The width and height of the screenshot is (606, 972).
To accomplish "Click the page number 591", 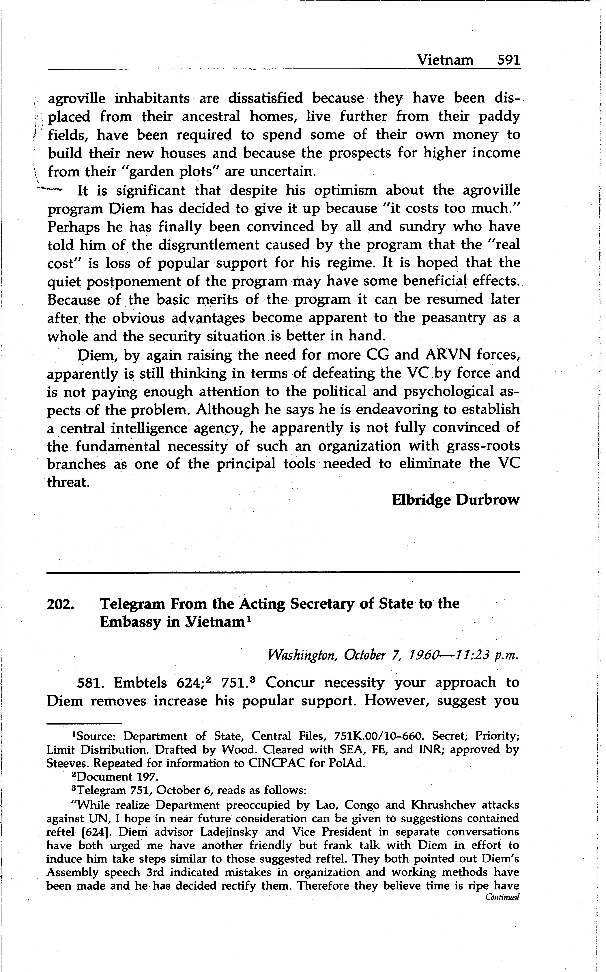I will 508,60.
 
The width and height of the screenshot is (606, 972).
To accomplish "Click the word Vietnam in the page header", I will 445,60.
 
